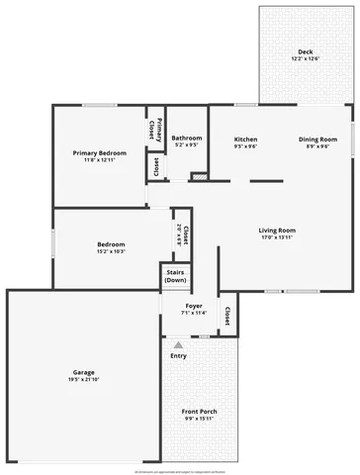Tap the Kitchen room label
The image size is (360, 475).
pyautogui.click(x=245, y=139)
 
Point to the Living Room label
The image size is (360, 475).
pyautogui.click(x=278, y=231)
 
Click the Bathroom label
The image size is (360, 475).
pyautogui.click(x=187, y=138)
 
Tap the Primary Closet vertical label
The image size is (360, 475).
pyautogui.click(x=156, y=129)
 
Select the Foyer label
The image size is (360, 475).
pyautogui.click(x=194, y=306)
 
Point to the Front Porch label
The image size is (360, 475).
pyautogui.click(x=201, y=411)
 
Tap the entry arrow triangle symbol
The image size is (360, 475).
pyautogui.click(x=179, y=345)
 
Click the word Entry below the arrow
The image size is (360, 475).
pyautogui.click(x=179, y=356)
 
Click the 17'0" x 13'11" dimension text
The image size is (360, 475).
pyautogui.click(x=278, y=237)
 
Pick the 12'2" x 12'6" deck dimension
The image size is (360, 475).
pyautogui.click(x=305, y=58)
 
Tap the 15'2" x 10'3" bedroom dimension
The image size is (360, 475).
pyautogui.click(x=111, y=250)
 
